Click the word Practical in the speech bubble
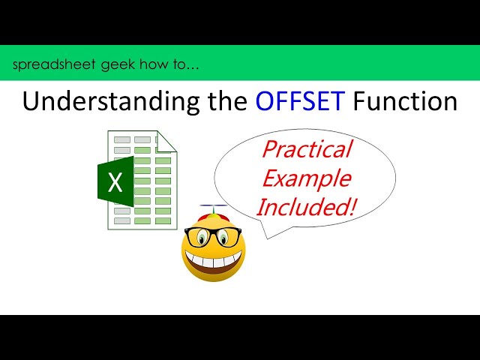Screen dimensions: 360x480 tap(306, 150)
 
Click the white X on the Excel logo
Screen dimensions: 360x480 tap(115, 181)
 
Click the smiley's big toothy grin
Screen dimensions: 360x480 tap(214, 262)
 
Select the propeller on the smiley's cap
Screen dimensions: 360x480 tap(213, 205)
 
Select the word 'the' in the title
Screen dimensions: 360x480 tap(220, 101)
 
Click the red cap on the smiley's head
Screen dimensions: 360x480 tap(214, 215)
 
